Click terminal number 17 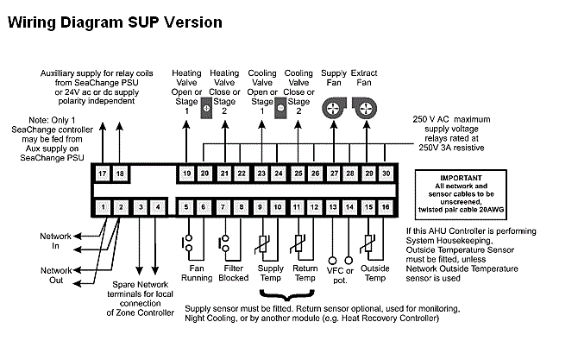(x=103, y=174)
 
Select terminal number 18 (x=120, y=174)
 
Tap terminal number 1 (x=103, y=207)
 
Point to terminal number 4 (x=157, y=207)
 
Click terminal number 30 (x=386, y=174)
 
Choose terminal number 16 (x=386, y=207)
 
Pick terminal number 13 (x=332, y=207)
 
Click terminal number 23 (x=261, y=174)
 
